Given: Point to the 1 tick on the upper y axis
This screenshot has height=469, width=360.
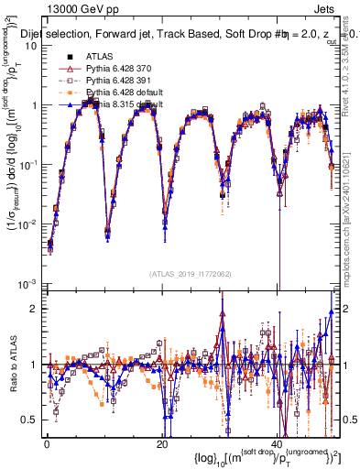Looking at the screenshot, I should (34, 105).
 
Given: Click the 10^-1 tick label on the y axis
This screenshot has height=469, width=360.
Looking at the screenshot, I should (28, 165).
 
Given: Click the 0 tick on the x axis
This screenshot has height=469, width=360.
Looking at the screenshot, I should (46, 442).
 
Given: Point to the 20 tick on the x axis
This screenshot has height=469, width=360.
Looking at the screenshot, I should (161, 442).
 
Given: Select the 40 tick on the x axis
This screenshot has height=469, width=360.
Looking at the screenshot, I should (278, 442).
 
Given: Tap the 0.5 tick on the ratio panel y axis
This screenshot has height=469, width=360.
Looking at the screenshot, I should (30, 420).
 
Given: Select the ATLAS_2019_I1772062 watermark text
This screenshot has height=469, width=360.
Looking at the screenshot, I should (192, 273).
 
